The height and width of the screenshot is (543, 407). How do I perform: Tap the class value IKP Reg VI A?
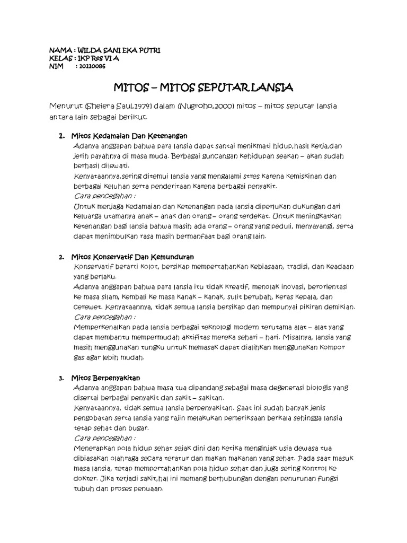coord(97,58)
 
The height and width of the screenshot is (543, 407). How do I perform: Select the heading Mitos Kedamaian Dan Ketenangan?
coord(129,136)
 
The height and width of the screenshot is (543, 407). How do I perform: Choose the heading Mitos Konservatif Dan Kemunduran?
coord(132,257)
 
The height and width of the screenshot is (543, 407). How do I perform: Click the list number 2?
coord(61,257)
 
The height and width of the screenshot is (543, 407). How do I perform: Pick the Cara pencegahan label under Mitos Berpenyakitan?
coord(105,439)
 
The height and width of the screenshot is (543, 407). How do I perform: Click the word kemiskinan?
coord(306,176)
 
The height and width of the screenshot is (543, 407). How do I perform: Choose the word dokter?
coord(83,479)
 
